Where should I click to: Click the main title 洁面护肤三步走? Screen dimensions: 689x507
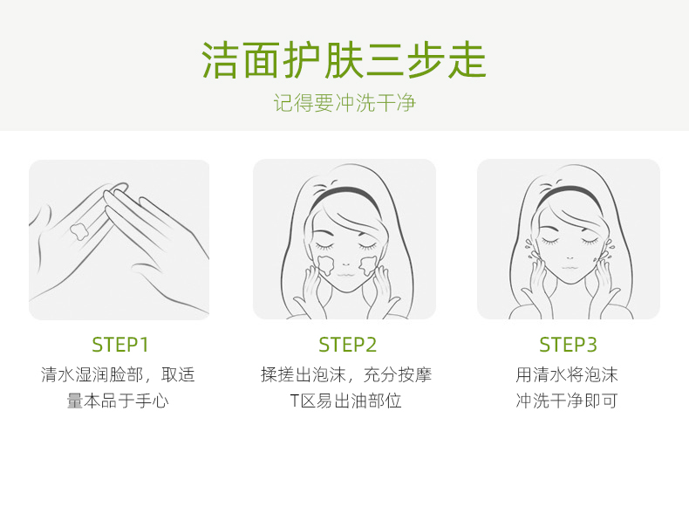344,60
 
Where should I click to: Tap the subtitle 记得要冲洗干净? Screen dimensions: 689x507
344,103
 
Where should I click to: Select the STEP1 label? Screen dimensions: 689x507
120,345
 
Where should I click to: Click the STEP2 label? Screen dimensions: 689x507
348,345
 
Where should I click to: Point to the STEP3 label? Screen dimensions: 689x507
568,345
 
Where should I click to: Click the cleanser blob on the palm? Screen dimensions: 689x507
79,232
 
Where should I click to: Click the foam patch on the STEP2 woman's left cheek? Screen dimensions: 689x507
367,264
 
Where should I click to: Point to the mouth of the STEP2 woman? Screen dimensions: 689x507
345,274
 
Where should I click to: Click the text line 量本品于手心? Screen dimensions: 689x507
118,401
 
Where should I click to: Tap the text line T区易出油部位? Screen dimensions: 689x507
346,401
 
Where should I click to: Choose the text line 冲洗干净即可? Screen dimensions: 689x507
567,401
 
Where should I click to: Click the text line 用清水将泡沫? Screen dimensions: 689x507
567,375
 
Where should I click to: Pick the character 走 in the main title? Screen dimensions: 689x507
467,60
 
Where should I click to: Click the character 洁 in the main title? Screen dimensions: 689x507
221,60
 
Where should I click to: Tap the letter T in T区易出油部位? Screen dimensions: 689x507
295,401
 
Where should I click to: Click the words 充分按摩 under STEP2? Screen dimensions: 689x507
398,375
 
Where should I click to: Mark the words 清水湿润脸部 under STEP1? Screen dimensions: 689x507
92,375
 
